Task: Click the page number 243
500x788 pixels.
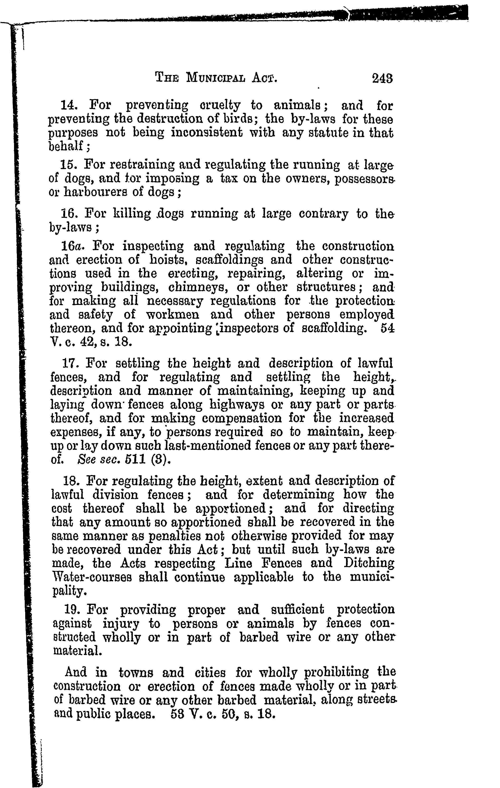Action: tap(382, 79)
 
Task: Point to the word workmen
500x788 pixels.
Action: tap(173, 314)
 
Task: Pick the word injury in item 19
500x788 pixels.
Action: tap(121, 624)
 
